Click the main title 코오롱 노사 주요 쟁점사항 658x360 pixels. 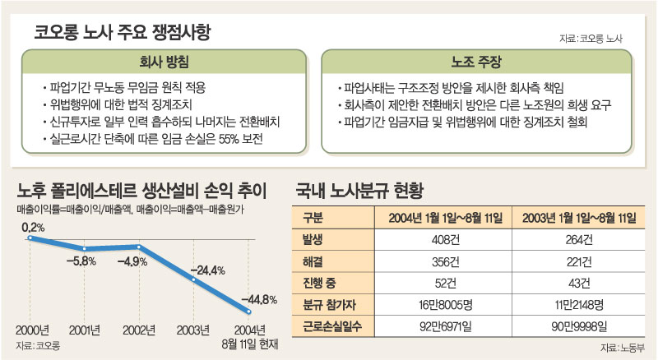click(123, 34)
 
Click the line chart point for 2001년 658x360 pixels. click(83, 248)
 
